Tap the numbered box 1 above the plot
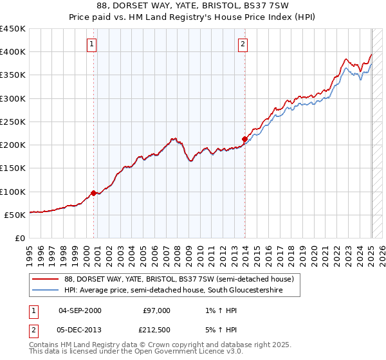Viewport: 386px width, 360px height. [x=92, y=44]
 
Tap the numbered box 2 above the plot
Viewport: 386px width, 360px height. [x=243, y=44]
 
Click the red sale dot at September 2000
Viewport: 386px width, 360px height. [x=93, y=193]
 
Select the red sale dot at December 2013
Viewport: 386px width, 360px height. [x=244, y=139]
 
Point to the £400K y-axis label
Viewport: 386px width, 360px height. [x=13, y=52]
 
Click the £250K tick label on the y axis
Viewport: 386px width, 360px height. [x=13, y=122]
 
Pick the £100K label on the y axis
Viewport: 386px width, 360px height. [x=13, y=192]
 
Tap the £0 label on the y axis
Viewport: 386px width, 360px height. [x=19, y=238]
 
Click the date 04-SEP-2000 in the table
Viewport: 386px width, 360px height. [x=80, y=310]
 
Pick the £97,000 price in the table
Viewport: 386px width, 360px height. [x=157, y=310]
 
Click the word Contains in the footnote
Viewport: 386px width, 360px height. [x=45, y=345]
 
